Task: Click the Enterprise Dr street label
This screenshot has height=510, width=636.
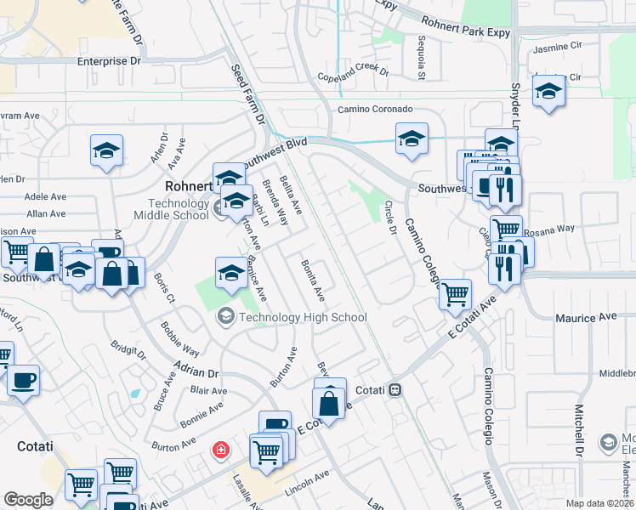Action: tap(109, 61)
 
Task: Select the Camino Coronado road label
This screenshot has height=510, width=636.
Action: tap(375, 110)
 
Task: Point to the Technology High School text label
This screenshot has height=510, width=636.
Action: tap(303, 318)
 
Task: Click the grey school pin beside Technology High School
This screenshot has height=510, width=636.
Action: tap(226, 317)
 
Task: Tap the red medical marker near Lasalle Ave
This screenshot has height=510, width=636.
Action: tap(221, 449)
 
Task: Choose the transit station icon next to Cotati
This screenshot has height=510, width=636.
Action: tap(395, 390)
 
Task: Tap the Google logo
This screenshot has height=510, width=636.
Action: tap(28, 500)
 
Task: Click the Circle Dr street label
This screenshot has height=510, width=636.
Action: tap(391, 218)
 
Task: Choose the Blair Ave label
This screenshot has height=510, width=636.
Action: tap(208, 391)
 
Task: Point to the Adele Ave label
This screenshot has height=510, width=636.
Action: tap(46, 195)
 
